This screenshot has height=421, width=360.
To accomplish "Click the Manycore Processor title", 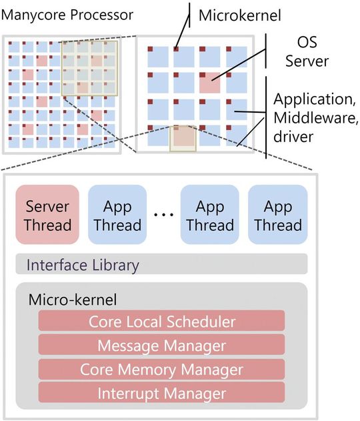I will pos(68,15).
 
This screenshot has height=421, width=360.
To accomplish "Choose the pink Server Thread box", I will pos(47,215).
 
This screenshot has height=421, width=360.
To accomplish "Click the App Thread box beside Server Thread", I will pos(117,215).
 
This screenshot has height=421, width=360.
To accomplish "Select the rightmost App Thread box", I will pos(277,215).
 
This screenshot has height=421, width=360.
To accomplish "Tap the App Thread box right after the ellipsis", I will pos(210,215).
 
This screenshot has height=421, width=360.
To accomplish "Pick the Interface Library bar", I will pos(161,265).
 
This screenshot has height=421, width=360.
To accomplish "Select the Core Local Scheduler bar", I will pos(161,322).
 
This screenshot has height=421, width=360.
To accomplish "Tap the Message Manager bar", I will pos(161,346).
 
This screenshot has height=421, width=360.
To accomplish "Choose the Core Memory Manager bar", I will pos(161,369).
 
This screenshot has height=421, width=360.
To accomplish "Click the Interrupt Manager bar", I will pos(161,392).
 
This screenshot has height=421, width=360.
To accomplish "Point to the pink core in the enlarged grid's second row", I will pos(210,83).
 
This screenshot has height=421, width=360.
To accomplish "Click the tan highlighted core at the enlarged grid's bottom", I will pos(181,137).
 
